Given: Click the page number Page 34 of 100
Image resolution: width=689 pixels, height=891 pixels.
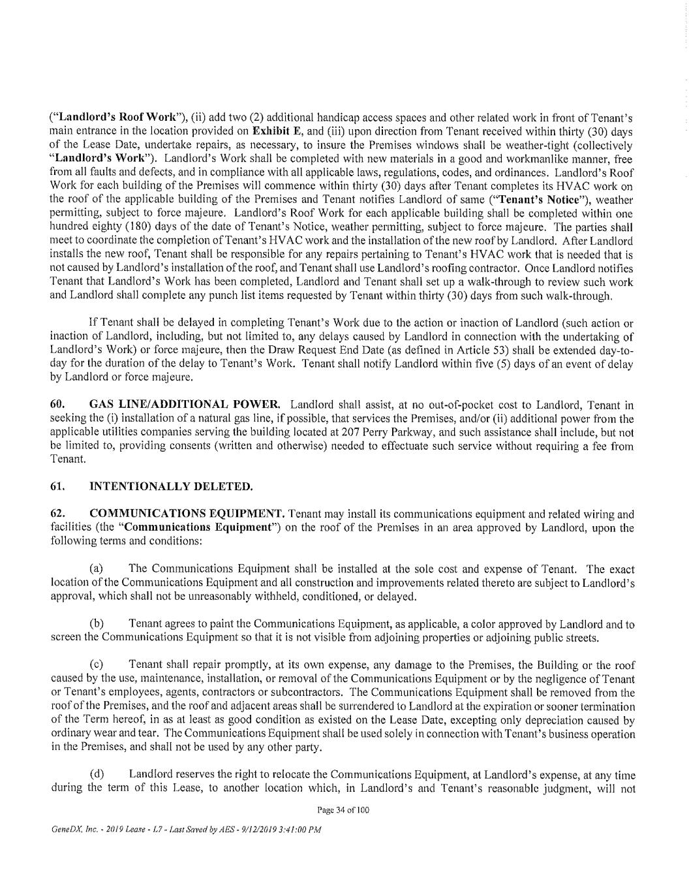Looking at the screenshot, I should tap(343, 810).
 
